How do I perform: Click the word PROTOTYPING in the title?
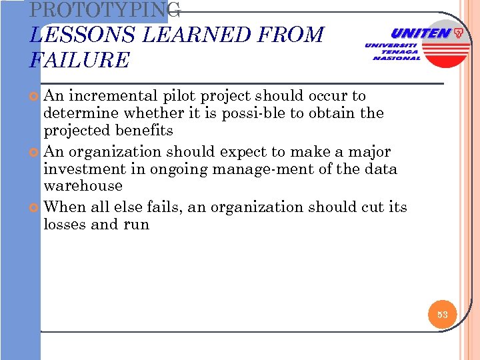tap(105, 9)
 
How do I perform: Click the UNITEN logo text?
tap(420, 33)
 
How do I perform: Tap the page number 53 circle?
tap(443, 314)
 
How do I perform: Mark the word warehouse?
tap(83, 186)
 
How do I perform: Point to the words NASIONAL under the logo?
tap(397, 58)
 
